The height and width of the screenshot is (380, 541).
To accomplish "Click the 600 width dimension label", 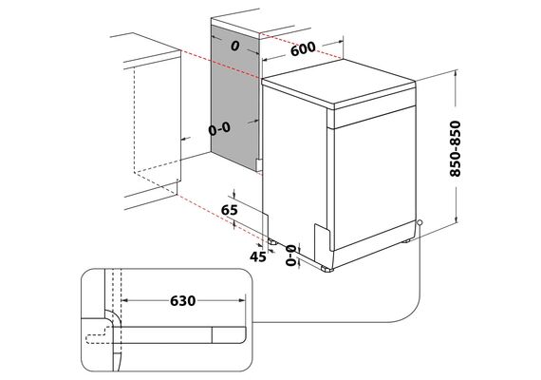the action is click(x=303, y=48).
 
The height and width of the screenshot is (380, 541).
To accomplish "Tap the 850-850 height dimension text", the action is click(x=456, y=148).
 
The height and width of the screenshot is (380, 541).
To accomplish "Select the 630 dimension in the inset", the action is click(x=183, y=301).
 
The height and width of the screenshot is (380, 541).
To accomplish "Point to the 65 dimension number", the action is click(x=230, y=210).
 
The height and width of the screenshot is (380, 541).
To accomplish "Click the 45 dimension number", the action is click(x=258, y=256).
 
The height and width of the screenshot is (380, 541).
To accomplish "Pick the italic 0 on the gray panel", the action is click(x=235, y=46).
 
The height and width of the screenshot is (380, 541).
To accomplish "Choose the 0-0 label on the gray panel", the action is click(x=219, y=129).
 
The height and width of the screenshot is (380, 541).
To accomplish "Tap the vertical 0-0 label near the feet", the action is click(x=291, y=255).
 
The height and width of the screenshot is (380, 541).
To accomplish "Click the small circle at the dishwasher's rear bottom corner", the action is click(x=420, y=222).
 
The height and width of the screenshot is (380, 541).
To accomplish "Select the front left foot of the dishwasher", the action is click(x=326, y=269).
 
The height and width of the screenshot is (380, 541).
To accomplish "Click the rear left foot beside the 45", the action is click(x=273, y=241).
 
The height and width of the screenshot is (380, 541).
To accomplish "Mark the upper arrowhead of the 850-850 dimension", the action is click(x=457, y=72).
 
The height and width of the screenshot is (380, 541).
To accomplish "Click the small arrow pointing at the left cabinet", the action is click(x=186, y=139).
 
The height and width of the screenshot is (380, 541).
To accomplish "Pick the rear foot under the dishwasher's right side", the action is click(x=406, y=239).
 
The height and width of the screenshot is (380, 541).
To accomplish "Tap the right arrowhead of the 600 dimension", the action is click(x=341, y=42).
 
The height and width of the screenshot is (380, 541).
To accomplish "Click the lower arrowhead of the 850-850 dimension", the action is click(x=457, y=220).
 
